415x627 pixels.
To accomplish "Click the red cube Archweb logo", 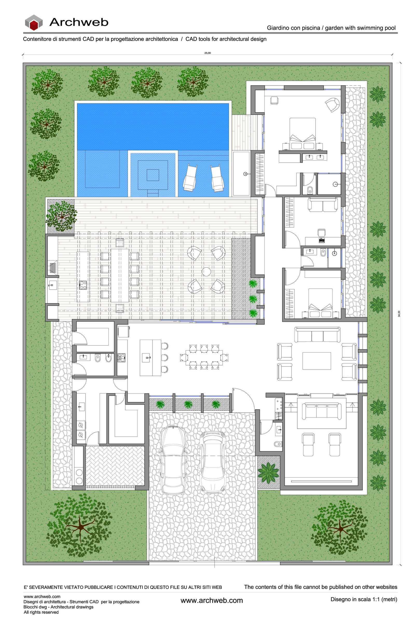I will click(34, 23).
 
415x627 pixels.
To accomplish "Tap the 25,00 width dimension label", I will click(208, 53).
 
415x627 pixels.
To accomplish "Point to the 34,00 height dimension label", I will click(399, 313).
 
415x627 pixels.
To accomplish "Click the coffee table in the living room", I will click(316, 361).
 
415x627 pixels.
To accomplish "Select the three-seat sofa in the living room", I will click(317, 335).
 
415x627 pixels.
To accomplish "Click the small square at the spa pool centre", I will click(153, 175).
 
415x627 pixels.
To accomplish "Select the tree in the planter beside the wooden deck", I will click(61, 217).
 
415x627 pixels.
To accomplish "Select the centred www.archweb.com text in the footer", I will click(211, 600).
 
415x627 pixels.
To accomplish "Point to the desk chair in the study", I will click(321, 233).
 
